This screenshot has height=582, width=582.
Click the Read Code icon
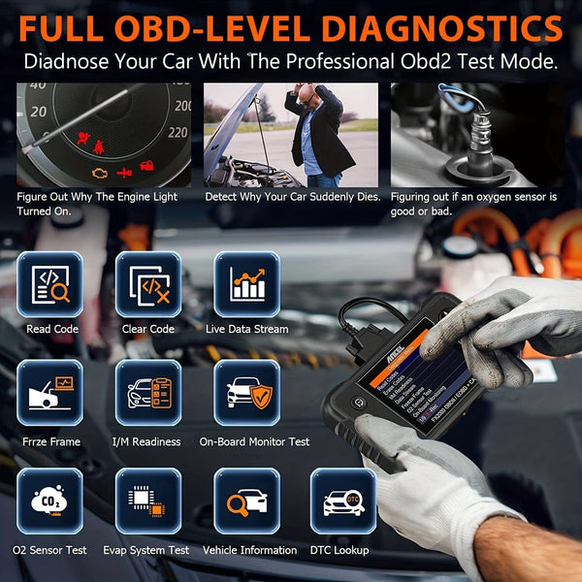point(50,285)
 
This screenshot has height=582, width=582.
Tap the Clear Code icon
point(148,285)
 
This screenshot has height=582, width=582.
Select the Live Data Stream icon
point(246,285)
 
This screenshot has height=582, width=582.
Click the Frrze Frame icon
point(50,393)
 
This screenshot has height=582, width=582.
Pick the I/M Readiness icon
point(148,393)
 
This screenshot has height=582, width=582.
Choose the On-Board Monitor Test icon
point(246,393)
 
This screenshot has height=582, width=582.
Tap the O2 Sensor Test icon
point(50,501)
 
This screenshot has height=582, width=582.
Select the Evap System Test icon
point(148,501)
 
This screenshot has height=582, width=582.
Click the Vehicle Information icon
point(246,501)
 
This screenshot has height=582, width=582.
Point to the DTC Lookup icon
point(342,501)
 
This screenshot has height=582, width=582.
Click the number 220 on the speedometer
point(176,132)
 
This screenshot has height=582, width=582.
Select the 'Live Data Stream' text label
point(246,329)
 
